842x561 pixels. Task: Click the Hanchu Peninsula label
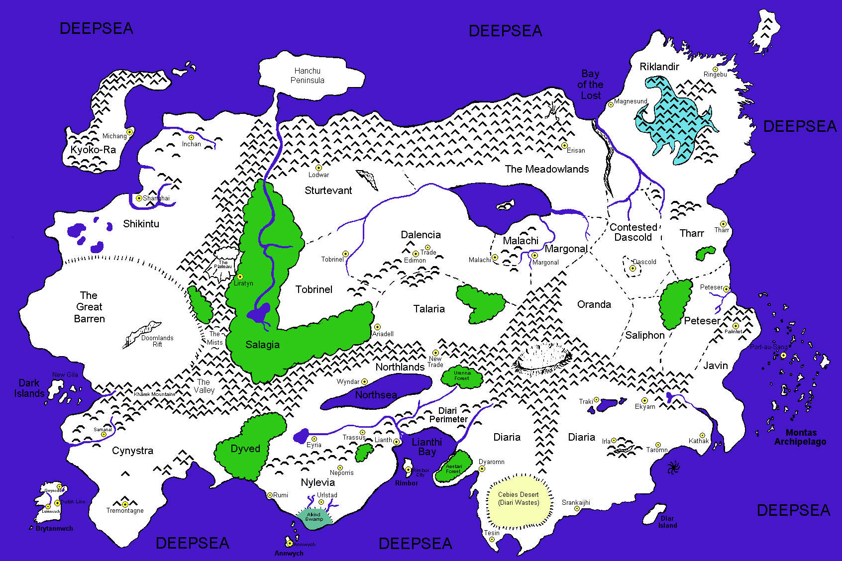tap(307, 76)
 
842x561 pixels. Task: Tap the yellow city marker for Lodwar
tap(318, 168)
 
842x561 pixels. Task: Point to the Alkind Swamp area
tap(314, 517)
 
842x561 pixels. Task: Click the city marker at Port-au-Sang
tap(783, 355)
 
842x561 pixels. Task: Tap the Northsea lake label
tap(376, 395)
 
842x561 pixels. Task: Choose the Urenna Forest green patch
tap(462, 377)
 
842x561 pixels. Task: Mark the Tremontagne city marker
tap(125, 504)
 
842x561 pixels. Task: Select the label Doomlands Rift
tap(157, 341)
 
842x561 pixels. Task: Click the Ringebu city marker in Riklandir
tap(715, 69)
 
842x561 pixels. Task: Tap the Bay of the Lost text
tap(590, 85)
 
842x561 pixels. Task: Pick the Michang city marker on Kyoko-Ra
tap(129, 132)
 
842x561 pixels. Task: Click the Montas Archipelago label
tap(800, 437)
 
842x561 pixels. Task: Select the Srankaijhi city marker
tap(577, 508)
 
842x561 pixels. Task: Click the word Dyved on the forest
tap(245, 449)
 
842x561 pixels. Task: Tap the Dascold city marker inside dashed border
tap(632, 268)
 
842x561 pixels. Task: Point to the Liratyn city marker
tap(240, 277)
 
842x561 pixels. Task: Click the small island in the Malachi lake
tap(506, 205)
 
